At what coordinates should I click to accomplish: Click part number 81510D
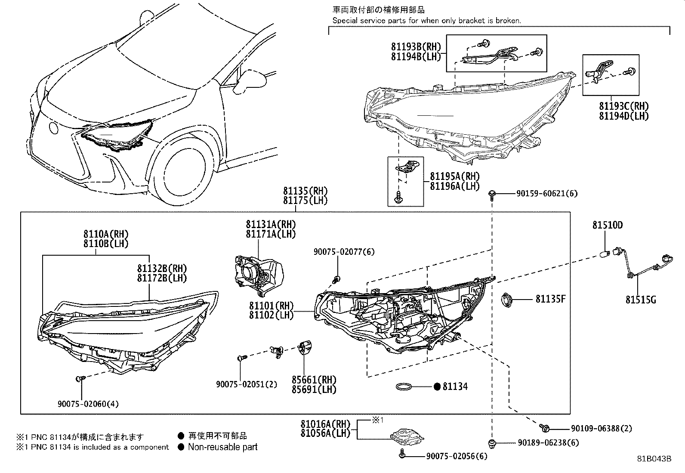(x=607, y=225)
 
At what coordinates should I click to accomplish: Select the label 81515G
(x=640, y=300)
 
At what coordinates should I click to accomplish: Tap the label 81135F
(x=550, y=299)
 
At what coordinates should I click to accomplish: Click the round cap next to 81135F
(x=508, y=300)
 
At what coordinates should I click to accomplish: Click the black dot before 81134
(x=437, y=386)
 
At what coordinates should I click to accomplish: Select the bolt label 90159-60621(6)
(x=546, y=194)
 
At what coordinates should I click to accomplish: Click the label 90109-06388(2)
(x=601, y=428)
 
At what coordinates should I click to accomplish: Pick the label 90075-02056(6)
(x=457, y=456)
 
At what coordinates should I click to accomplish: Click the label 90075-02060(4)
(x=88, y=404)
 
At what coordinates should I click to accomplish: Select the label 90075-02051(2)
(x=247, y=384)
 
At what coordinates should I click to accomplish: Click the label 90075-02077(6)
(x=344, y=252)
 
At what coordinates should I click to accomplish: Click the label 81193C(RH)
(x=623, y=106)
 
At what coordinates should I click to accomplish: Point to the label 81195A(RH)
(x=454, y=176)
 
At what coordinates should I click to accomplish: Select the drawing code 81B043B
(x=654, y=459)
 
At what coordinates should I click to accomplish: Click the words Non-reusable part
(x=222, y=447)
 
